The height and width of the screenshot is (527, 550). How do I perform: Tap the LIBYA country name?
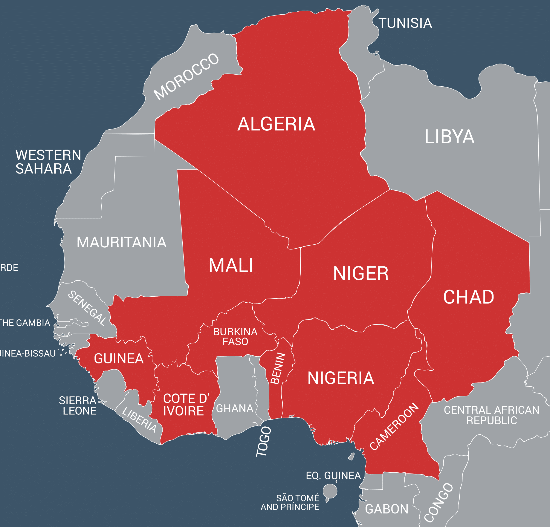[449, 137]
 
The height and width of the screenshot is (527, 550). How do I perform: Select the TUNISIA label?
[405, 23]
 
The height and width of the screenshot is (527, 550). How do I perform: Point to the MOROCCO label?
[186, 76]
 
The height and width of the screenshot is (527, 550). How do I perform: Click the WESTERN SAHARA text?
[48, 162]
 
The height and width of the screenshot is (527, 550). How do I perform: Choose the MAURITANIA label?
[122, 242]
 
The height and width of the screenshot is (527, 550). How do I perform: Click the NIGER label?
[361, 273]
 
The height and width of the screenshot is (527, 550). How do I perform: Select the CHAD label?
[469, 297]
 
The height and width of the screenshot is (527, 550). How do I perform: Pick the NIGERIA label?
[341, 378]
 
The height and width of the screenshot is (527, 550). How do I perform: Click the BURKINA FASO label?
[235, 337]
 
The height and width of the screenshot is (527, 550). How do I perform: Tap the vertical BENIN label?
[278, 368]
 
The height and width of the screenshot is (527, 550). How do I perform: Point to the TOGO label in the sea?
[264, 442]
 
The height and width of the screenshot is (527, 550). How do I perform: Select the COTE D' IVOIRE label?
[186, 404]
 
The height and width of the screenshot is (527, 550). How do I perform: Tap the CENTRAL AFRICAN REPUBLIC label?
[491, 415]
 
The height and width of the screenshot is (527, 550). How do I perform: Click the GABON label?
[387, 509]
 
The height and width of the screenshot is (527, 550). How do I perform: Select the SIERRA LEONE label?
[78, 405]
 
